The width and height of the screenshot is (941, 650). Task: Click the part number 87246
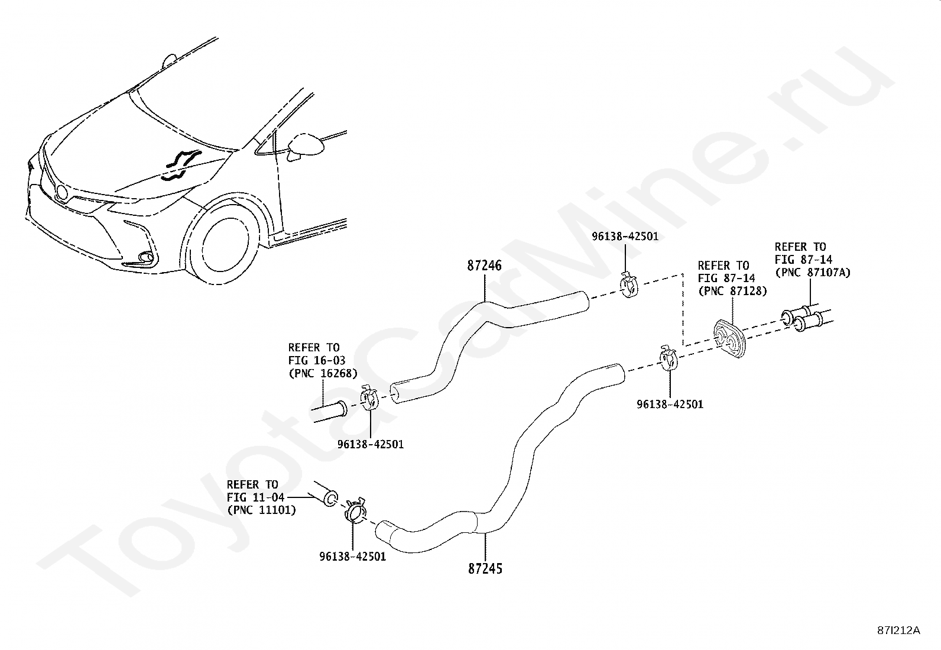tap(484, 266)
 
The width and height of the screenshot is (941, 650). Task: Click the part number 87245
tap(485, 569)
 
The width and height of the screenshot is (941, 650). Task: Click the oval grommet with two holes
tap(730, 339)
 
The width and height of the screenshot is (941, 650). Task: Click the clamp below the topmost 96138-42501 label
tap(629, 285)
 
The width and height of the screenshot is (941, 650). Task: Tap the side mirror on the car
tap(306, 146)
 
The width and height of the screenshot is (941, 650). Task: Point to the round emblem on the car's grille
tap(61, 192)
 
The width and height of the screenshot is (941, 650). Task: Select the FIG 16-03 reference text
tap(317, 360)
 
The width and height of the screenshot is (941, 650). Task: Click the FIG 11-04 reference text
tap(256, 497)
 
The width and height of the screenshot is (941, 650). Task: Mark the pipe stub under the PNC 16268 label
tap(330, 412)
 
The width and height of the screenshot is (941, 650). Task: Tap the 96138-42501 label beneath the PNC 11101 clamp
tap(352, 556)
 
